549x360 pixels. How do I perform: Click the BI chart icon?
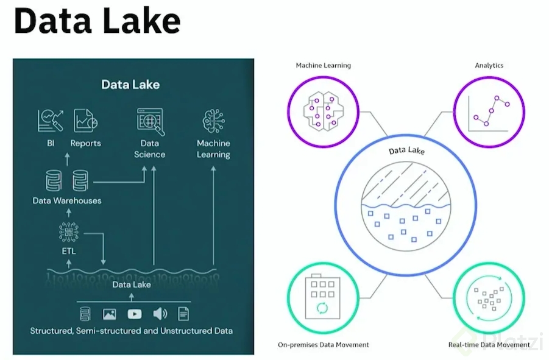pyautogui.click(x=50, y=120)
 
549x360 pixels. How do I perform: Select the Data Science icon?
pyautogui.click(x=150, y=121)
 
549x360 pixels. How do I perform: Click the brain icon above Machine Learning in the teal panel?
pyautogui.click(x=213, y=121)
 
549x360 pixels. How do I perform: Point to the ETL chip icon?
pyautogui.click(x=68, y=232)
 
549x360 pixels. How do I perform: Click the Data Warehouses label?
pyautogui.click(x=67, y=200)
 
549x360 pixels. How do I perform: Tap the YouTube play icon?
pyautogui.click(x=135, y=314)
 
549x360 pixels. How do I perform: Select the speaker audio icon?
pyautogui.click(x=160, y=314)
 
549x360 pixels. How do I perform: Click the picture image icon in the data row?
pyautogui.click(x=110, y=314)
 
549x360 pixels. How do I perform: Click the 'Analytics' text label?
pyautogui.click(x=489, y=65)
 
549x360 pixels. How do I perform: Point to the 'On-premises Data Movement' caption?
pyautogui.click(x=323, y=345)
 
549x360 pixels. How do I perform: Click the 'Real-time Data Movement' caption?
pyautogui.click(x=488, y=345)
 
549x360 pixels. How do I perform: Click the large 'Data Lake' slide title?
pyautogui.click(x=97, y=21)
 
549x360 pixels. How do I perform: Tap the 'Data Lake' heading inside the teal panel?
pyautogui.click(x=130, y=85)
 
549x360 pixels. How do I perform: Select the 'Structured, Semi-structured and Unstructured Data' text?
pyautogui.click(x=131, y=331)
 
